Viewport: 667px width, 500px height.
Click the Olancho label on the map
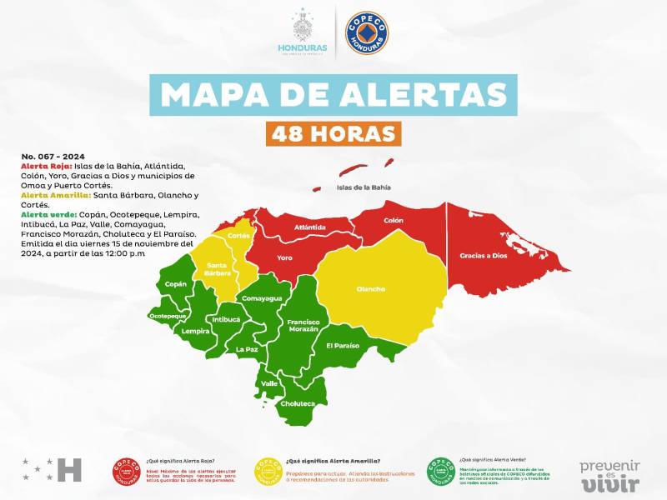click(x=370, y=289)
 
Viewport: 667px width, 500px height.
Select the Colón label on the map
click(x=393, y=221)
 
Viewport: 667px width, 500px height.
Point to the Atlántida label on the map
click(x=309, y=227)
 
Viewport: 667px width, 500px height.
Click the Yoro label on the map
click(x=284, y=257)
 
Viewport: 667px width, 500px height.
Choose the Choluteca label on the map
click(x=298, y=403)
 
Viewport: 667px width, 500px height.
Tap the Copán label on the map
click(x=176, y=284)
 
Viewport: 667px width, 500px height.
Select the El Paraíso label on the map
click(x=342, y=345)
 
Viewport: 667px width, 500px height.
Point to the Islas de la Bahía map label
click(x=364, y=187)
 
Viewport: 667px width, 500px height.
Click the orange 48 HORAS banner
click(x=333, y=133)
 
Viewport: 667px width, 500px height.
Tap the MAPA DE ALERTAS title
click(x=333, y=94)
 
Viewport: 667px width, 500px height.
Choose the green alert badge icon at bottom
click(x=441, y=471)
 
